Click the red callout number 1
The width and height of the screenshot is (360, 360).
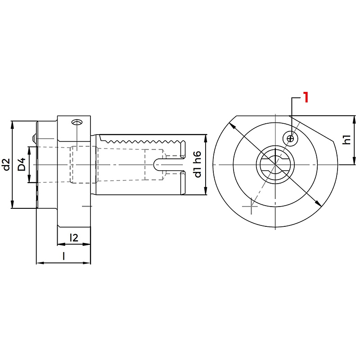[x=306, y=97]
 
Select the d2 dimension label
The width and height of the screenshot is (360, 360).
[x=7, y=164]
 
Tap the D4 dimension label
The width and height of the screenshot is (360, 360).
[x=22, y=164]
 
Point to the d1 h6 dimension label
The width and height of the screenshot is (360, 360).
[x=198, y=164]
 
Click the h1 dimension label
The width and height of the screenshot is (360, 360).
[x=347, y=139]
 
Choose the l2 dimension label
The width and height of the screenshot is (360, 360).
[x=74, y=238]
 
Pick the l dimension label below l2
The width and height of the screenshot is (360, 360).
[x=63, y=256]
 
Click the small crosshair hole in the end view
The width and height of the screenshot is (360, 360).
[x=291, y=139]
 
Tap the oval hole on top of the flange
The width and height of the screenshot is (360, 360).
[x=77, y=122]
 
